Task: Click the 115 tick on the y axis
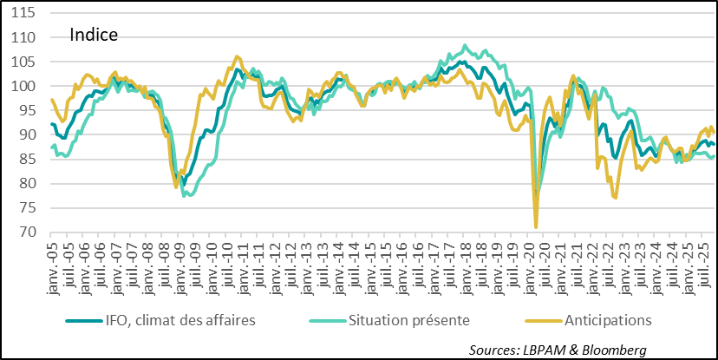click(23, 13)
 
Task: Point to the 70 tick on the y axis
click(28, 232)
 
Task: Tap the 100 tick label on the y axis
click(23, 86)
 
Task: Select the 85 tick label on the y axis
click(28, 159)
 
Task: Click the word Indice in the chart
click(94, 36)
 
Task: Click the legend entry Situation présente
click(408, 319)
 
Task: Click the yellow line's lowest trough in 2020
click(536, 227)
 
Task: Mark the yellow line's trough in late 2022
click(615, 198)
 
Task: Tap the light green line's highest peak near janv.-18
click(465, 45)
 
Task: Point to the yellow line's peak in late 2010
click(238, 56)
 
